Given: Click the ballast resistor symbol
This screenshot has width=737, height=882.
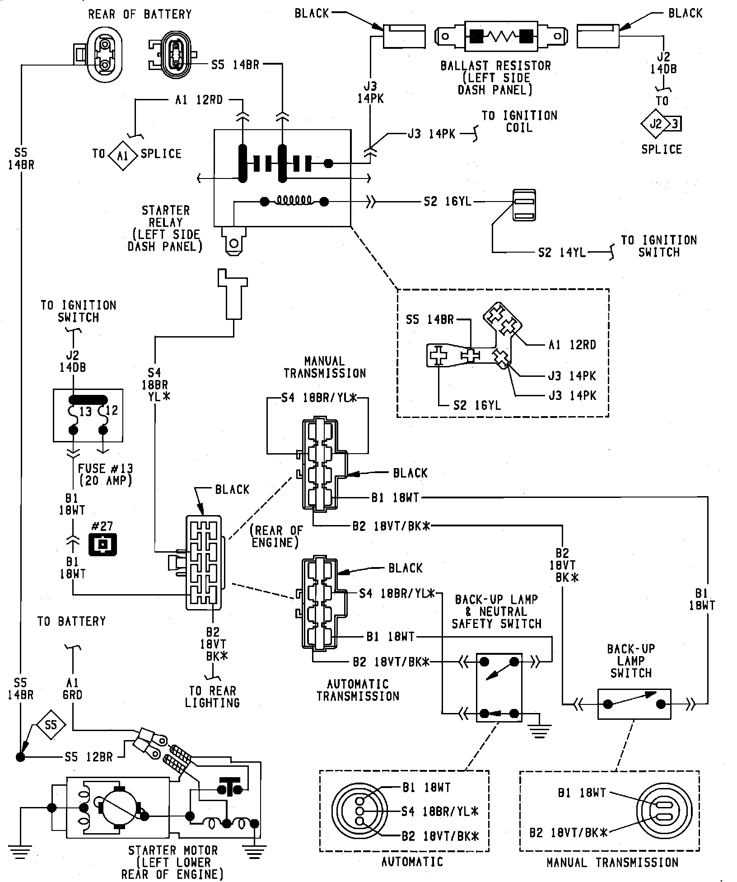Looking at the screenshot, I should [x=500, y=35].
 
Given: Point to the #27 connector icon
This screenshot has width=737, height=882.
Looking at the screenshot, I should [x=103, y=544].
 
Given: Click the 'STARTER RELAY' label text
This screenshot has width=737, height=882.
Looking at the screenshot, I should [x=166, y=216].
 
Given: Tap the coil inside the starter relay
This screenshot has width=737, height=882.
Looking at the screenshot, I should [x=294, y=200].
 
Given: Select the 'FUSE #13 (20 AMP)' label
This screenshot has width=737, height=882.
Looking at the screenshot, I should [x=106, y=474].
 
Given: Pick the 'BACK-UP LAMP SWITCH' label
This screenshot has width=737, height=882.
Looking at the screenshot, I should [x=630, y=661].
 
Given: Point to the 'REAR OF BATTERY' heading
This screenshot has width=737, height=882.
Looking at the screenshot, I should [x=140, y=14].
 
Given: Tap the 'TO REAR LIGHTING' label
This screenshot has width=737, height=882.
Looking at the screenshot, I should [x=213, y=697].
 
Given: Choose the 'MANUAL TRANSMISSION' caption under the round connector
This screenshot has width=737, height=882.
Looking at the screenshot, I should [x=612, y=863].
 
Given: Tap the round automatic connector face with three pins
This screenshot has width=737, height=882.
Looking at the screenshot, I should [x=360, y=811].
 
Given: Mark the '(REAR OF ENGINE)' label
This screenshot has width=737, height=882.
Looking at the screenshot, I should [x=275, y=536].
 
